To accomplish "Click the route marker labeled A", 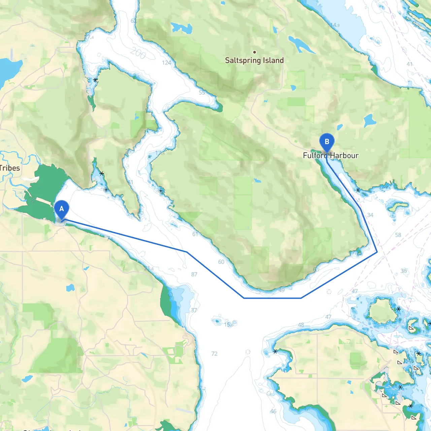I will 62,209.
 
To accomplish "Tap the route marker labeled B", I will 327,142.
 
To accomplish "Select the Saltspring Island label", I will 254,60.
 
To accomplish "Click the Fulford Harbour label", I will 331,156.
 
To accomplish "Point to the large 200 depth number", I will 138,53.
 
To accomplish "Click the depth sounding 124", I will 166,63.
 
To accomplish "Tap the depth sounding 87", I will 194,274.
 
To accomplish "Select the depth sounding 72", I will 214,354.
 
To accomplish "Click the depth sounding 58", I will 398,235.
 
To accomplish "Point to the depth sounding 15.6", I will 229,325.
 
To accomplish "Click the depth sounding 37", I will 194,310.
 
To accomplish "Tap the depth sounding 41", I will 409,64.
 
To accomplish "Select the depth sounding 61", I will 195,234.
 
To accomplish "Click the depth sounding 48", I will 301,325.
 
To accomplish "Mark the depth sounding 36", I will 404,271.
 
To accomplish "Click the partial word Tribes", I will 10,168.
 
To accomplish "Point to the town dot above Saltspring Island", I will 255,52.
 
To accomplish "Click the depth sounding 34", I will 370,215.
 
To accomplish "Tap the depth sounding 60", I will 221,262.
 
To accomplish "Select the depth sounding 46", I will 273,411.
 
